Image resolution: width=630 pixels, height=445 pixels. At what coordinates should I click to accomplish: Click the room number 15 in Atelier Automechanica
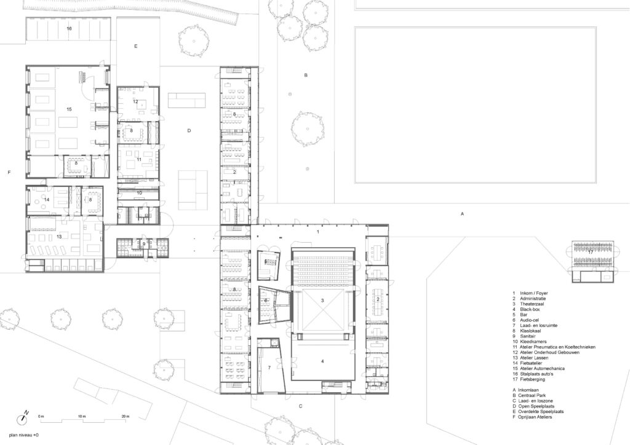(x=70, y=109)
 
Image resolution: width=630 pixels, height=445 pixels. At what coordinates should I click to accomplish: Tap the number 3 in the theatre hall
(x=322, y=301)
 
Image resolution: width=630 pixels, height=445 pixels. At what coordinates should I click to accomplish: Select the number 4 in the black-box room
(x=322, y=361)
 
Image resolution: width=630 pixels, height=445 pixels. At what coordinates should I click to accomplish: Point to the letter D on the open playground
(x=189, y=131)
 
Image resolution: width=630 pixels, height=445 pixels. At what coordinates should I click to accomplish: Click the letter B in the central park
(x=305, y=76)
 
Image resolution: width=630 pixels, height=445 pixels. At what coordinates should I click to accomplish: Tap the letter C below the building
(x=301, y=407)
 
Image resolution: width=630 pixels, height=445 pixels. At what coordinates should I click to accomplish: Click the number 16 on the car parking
(x=69, y=29)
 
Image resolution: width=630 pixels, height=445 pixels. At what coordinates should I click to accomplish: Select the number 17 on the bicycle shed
(x=591, y=251)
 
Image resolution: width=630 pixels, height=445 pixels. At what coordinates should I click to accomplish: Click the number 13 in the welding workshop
(x=60, y=236)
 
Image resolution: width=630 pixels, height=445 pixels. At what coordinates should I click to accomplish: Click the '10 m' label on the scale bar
(x=82, y=416)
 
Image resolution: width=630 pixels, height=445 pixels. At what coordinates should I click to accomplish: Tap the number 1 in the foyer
(x=318, y=232)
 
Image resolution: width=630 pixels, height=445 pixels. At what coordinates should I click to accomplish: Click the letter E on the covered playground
(x=135, y=47)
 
